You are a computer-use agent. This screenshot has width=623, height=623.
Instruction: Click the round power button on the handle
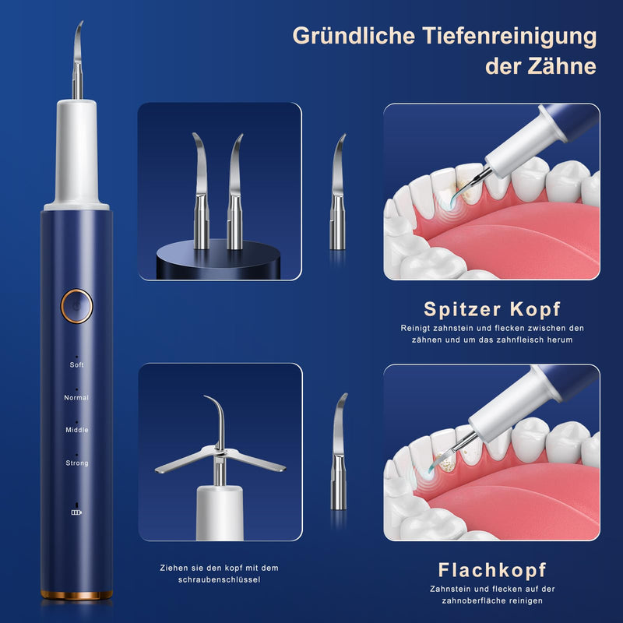click(78, 305)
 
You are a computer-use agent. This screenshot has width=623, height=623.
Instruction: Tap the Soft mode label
click(77, 364)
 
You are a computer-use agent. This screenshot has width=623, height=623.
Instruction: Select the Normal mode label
click(77, 398)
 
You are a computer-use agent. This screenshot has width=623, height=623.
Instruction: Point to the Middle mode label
click(77, 430)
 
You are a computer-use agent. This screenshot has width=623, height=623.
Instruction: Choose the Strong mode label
click(77, 463)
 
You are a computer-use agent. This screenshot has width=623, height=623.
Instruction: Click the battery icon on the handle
click(76, 512)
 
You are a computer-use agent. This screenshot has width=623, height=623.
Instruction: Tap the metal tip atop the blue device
click(77, 61)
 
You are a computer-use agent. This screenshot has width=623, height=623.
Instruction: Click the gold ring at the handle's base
click(77, 595)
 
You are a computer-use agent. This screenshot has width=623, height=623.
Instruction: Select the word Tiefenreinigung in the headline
click(502, 36)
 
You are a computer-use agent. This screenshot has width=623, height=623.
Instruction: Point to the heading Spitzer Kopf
click(492, 308)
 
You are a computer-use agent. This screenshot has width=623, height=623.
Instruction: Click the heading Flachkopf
click(492, 568)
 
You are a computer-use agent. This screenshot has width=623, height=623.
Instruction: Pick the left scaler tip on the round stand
click(200, 191)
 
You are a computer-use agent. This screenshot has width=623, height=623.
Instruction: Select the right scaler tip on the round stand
click(234, 191)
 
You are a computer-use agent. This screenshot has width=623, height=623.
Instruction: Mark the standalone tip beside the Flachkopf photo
click(339, 452)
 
